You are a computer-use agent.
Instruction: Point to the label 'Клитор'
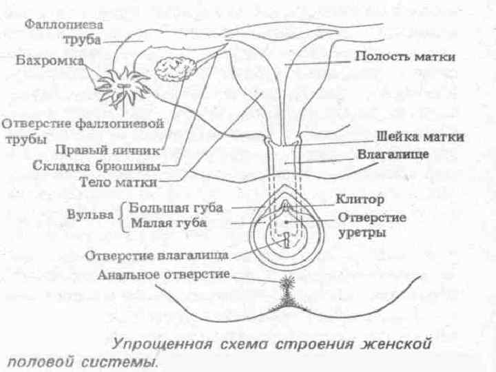[359, 200]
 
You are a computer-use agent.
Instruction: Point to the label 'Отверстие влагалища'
[156, 256]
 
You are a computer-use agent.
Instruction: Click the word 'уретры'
[362, 233]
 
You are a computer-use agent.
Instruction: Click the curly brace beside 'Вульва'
[124, 214]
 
